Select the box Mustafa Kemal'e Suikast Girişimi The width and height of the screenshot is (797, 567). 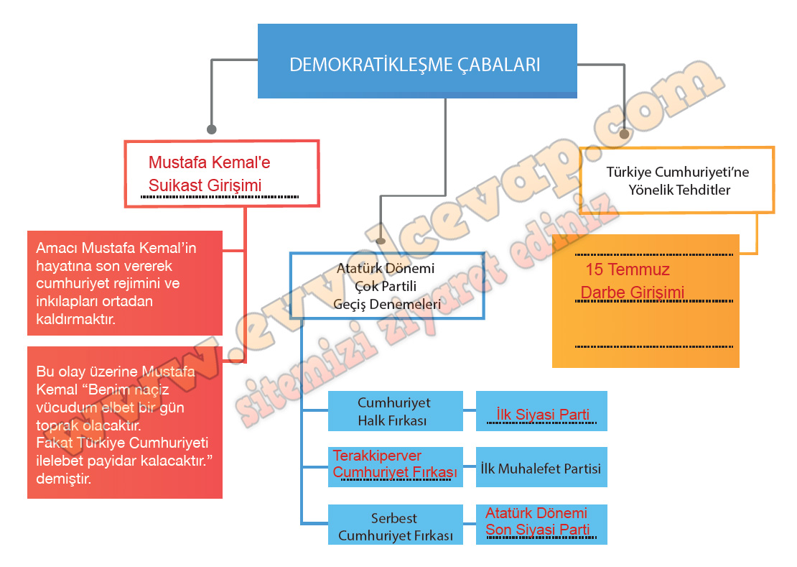(x=221, y=174)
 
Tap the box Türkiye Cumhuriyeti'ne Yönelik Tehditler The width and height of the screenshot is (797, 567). (x=677, y=180)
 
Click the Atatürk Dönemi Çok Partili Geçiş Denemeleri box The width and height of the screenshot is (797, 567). (x=386, y=286)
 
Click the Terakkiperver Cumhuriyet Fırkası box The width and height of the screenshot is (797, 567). (x=394, y=465)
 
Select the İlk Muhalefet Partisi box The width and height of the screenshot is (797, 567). (x=541, y=468)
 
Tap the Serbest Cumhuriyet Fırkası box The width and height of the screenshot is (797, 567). (x=395, y=527)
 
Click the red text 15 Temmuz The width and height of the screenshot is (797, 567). (x=628, y=270)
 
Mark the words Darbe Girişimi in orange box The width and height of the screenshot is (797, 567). (x=632, y=292)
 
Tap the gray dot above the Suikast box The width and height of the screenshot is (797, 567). (x=211, y=129)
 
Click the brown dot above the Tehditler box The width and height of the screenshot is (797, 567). (x=624, y=134)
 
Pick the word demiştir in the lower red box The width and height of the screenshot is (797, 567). (x=63, y=478)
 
